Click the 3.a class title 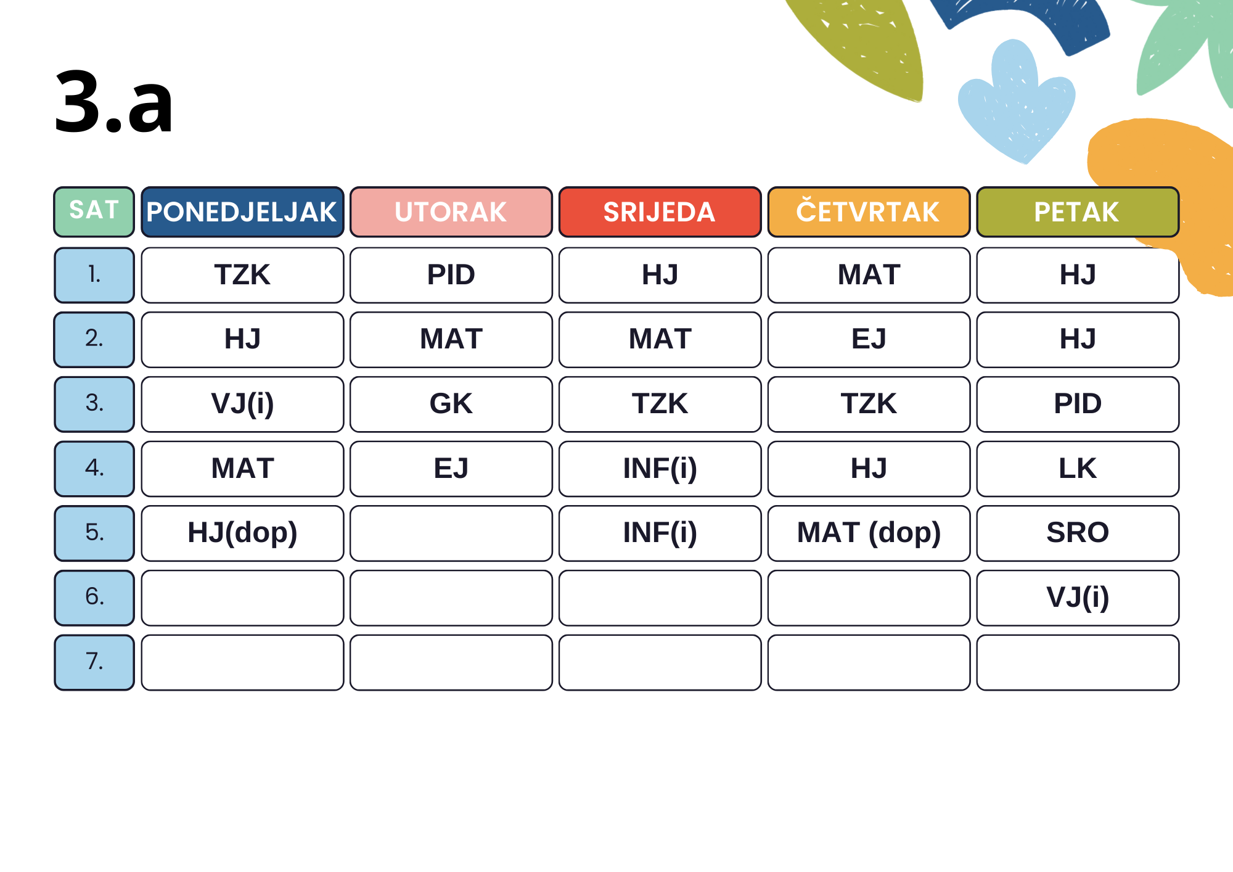[x=114, y=102]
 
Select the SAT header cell [x=94, y=212]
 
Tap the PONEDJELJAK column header [x=242, y=212]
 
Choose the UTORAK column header [x=451, y=212]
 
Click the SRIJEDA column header [x=660, y=212]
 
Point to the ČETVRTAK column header [x=869, y=212]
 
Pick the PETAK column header [x=1078, y=212]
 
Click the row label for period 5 [x=94, y=533]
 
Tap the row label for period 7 [x=94, y=662]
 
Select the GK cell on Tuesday [x=451, y=405]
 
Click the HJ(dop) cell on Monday [x=242, y=533]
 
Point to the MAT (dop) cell [x=869, y=533]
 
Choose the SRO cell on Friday [x=1078, y=533]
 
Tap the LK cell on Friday [x=1078, y=469]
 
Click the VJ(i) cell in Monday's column [x=242, y=405]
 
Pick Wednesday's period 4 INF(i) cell [x=660, y=469]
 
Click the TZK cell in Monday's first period [x=242, y=275]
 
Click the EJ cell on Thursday [x=869, y=340]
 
